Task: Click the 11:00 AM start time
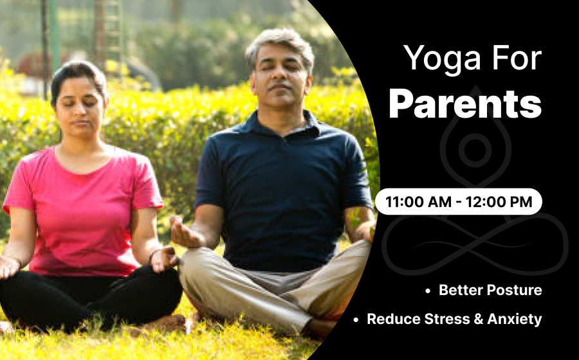[x=419, y=202]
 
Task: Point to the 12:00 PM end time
[x=499, y=202]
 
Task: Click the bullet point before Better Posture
[x=428, y=291]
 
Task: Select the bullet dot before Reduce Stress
[x=356, y=319]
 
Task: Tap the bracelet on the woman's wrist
[x=152, y=256]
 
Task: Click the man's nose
[x=280, y=76]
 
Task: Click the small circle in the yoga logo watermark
[x=475, y=150]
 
